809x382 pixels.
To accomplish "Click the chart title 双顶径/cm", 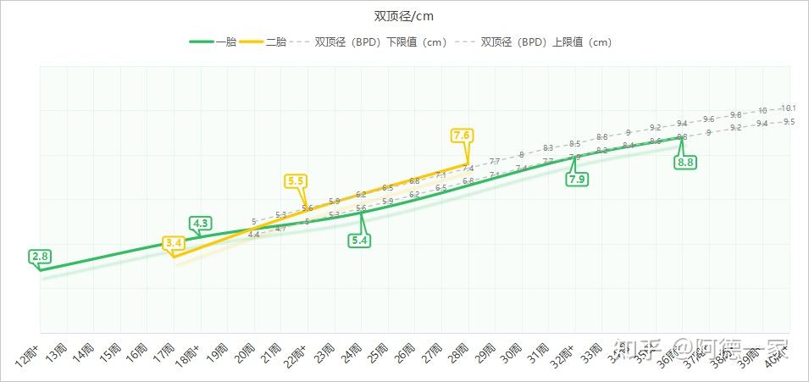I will click(x=405, y=17).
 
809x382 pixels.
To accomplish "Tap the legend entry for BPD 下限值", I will click(x=380, y=42).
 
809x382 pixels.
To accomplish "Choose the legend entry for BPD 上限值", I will click(x=546, y=42).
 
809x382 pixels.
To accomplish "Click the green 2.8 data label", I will click(x=40, y=256).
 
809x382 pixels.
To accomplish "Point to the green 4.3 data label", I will click(x=201, y=224).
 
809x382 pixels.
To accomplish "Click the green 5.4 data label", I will click(x=360, y=240).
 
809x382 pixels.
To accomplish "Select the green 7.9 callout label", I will click(x=577, y=180).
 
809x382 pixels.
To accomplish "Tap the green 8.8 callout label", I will click(x=685, y=162).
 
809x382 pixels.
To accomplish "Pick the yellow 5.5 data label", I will click(x=296, y=181).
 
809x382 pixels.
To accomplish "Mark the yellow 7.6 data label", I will click(x=462, y=136).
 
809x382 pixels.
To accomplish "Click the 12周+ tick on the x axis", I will click(x=29, y=357).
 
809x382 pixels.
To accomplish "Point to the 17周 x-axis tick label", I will click(x=167, y=352).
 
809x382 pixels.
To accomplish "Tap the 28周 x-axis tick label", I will click(x=460, y=352).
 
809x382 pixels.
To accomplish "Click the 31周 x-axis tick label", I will click(x=540, y=352).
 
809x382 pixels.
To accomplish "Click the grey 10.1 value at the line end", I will click(x=788, y=108).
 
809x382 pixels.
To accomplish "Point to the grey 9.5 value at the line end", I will click(x=789, y=122).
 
